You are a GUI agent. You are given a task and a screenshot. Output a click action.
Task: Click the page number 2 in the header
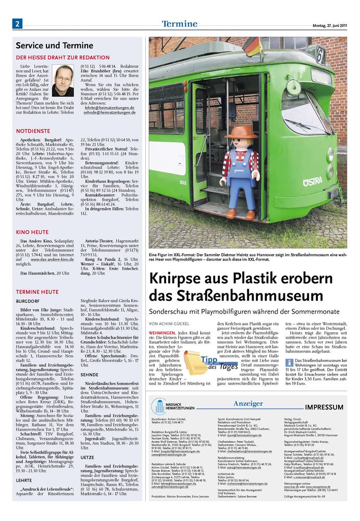(x=17, y=24)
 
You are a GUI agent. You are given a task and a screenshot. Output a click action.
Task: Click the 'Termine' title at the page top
(x=179, y=23)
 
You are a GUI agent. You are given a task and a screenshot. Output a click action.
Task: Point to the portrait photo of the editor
(x=63, y=80)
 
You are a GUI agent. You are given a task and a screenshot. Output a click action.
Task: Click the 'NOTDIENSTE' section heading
(x=33, y=131)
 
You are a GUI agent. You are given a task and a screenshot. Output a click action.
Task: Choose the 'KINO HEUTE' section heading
(x=32, y=231)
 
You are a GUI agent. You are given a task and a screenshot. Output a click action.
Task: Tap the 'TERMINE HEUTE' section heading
(x=37, y=292)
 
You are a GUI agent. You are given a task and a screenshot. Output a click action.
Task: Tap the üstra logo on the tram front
(x=312, y=181)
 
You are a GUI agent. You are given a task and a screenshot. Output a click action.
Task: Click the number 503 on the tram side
(x=183, y=182)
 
